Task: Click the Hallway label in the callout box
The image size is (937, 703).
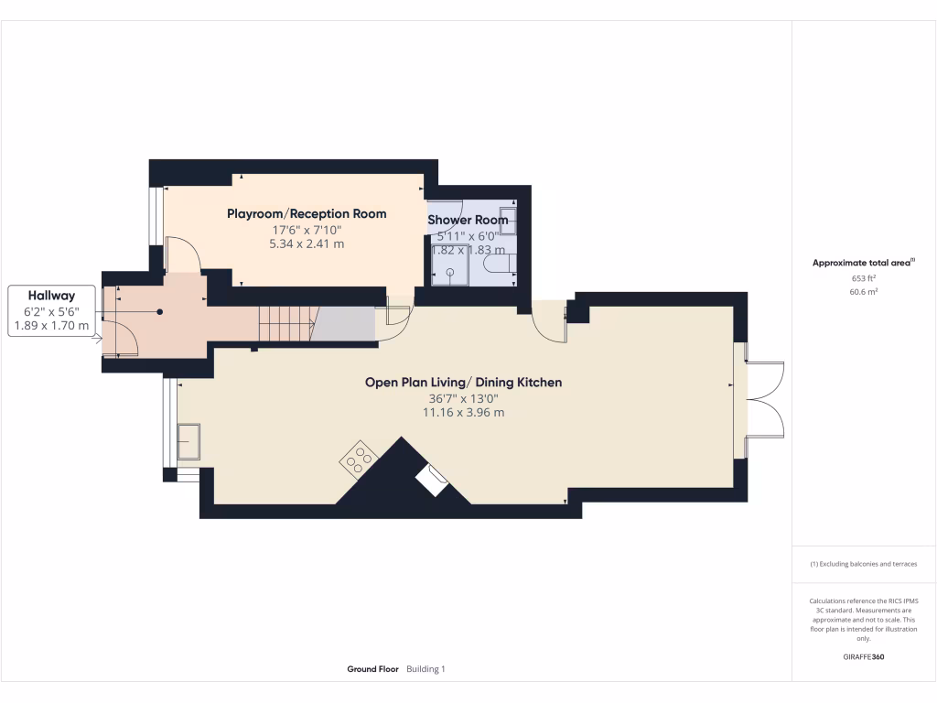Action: tap(51, 296)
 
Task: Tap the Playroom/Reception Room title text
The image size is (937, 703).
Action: tap(307, 213)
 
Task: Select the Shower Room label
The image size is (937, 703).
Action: tap(468, 220)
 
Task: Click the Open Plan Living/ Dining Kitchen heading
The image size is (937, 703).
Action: tap(463, 382)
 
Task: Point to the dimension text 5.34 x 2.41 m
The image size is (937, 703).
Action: tap(307, 244)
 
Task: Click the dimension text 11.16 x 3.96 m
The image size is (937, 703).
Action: tap(463, 413)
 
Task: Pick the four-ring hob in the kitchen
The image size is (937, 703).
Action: tap(357, 459)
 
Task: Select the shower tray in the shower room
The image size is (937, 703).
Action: tap(450, 266)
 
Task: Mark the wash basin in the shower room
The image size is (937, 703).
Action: tap(508, 220)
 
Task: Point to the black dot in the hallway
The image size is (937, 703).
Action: tap(159, 312)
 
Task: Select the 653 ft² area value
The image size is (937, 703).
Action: tap(864, 278)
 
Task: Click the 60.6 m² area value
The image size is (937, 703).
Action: tap(864, 292)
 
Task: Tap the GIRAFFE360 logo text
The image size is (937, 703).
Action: tap(864, 657)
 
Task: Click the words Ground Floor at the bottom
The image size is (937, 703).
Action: tap(372, 669)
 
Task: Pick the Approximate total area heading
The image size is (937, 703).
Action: tap(862, 263)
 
